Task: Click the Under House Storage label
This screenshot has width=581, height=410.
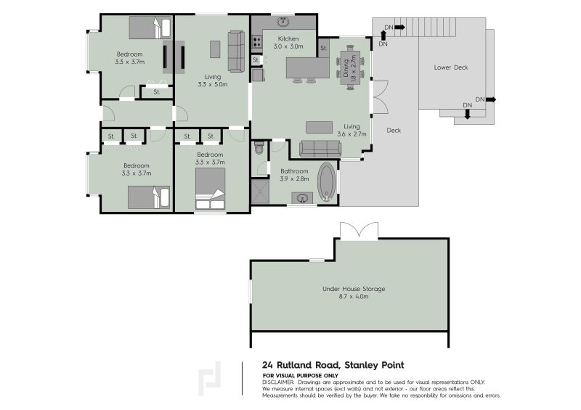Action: coord(354,288)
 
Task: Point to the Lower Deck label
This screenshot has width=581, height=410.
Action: coord(450,67)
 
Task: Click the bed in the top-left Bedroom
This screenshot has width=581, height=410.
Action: coord(150,28)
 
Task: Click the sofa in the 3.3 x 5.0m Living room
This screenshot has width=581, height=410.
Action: coord(236,51)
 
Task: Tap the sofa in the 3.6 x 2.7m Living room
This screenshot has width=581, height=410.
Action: coord(320,149)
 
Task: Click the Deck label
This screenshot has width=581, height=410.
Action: coord(394,131)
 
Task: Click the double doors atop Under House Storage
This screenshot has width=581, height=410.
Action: coord(358,230)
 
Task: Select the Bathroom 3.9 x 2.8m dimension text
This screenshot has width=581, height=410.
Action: coord(295,179)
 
